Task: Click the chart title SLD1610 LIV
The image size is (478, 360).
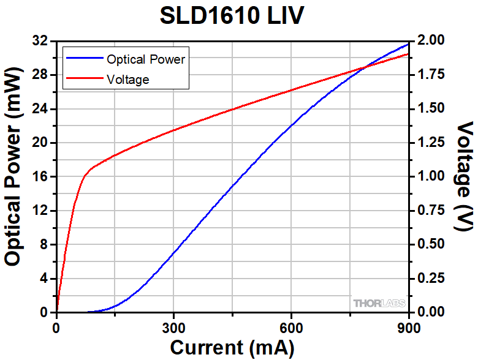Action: click(232, 16)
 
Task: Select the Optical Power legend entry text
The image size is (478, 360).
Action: click(146, 59)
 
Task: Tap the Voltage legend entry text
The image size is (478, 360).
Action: click(127, 80)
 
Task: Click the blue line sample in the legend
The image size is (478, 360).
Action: click(84, 59)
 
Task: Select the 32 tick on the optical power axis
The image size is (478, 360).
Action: click(40, 41)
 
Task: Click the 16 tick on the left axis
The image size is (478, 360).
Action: click(40, 177)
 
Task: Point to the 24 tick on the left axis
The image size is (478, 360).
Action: click(40, 109)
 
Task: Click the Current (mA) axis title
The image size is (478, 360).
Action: click(232, 348)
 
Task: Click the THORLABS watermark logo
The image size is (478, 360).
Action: click(379, 303)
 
